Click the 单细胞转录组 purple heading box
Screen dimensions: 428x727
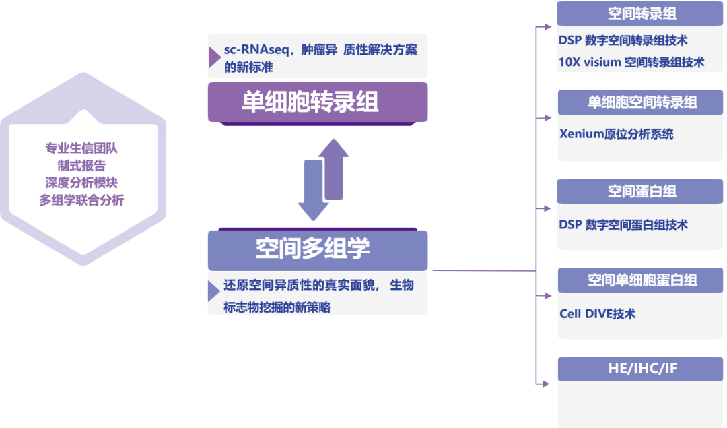tap(317, 102)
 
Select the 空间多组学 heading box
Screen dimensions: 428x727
tap(317, 249)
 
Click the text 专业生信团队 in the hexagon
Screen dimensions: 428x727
tap(81, 148)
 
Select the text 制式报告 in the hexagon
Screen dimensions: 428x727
tap(81, 165)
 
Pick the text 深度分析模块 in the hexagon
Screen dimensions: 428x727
tap(81, 183)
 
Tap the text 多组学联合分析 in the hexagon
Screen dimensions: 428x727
tap(81, 200)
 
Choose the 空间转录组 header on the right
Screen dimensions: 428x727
tap(642, 13)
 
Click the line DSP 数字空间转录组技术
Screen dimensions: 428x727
tap(623, 41)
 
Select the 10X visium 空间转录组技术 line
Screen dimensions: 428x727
tap(631, 62)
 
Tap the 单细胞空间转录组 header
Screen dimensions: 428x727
tap(642, 102)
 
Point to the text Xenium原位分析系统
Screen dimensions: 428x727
tap(616, 133)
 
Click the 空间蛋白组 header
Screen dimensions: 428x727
tap(642, 191)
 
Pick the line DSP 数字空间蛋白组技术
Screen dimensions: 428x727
tap(623, 224)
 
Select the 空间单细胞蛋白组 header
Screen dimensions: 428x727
tap(642, 280)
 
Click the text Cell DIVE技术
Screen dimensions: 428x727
tap(597, 314)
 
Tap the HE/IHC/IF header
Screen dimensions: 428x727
tap(642, 368)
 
